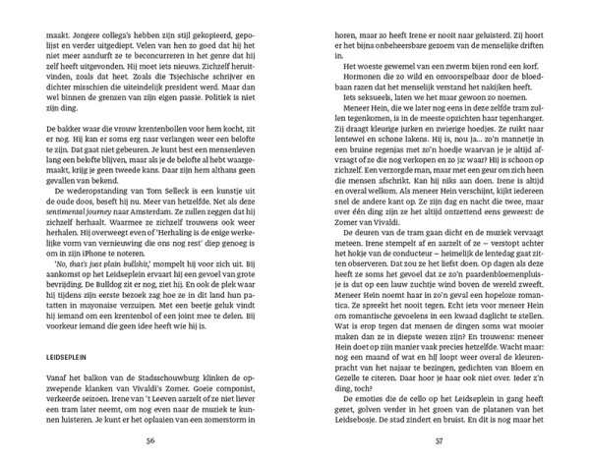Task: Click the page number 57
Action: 441,438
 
